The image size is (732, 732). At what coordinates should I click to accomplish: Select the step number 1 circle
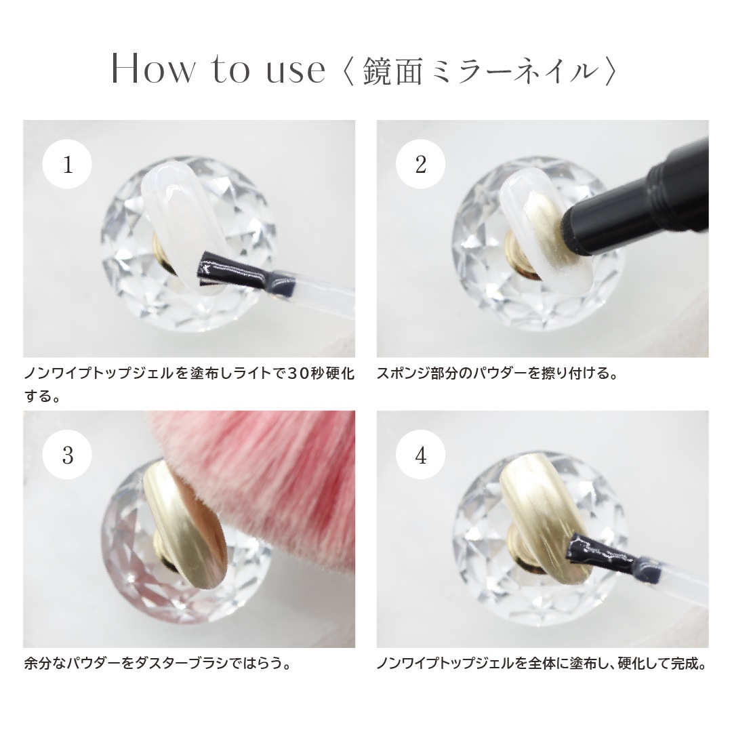[68, 165]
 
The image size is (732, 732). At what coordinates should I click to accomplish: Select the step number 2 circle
[421, 165]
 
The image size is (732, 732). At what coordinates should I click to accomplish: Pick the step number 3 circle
[68, 455]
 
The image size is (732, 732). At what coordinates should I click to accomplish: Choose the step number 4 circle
[421, 455]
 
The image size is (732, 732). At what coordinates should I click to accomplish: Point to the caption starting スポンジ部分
[497, 373]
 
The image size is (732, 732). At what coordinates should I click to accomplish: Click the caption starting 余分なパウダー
[157, 663]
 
